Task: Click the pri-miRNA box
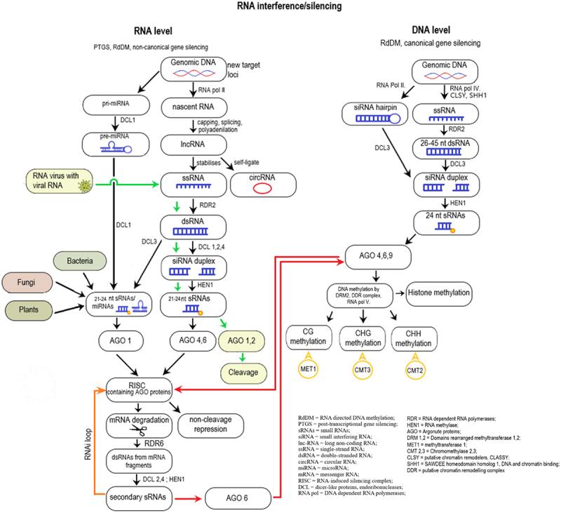(x=114, y=105)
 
